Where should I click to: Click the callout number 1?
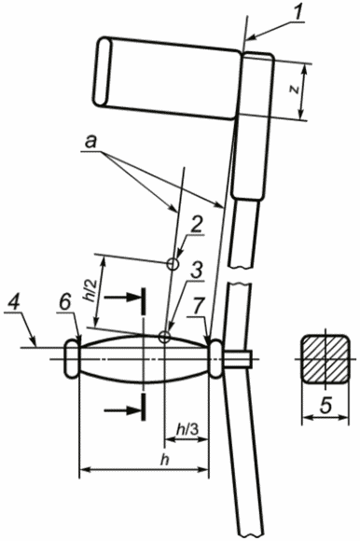298,12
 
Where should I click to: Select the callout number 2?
196,226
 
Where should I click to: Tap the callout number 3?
196,270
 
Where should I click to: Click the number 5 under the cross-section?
325,406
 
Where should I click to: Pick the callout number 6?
65,302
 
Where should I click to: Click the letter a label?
90,142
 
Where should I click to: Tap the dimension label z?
294,90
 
